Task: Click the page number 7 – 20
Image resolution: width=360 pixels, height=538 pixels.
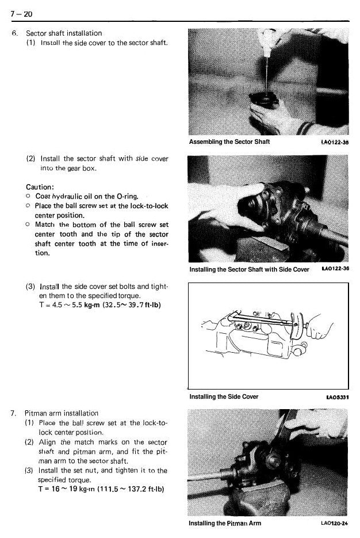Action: [x=21, y=14]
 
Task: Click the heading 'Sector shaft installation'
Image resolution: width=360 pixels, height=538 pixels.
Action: [x=64, y=33]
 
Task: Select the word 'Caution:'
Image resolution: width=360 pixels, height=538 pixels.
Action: [x=40, y=187]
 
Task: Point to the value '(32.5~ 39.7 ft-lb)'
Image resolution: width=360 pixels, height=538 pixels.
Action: [x=132, y=305]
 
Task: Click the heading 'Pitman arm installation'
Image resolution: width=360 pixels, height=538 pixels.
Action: [x=62, y=413]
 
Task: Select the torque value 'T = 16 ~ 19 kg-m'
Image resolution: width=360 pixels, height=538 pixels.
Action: [x=67, y=489]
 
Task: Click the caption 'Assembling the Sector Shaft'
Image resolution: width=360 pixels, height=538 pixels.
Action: [x=229, y=142]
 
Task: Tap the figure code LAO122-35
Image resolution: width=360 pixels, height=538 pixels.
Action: [x=335, y=142]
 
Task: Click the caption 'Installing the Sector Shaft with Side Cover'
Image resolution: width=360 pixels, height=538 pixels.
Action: [x=249, y=269]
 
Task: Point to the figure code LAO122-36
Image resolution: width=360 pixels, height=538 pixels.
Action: [x=335, y=268]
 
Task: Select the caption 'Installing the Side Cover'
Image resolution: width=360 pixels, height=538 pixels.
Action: [x=224, y=396]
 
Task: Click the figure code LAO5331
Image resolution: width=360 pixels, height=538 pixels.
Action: [x=338, y=398]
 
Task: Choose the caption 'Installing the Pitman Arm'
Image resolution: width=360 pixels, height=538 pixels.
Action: [x=225, y=523]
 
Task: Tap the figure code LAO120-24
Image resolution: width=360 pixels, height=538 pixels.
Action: [x=334, y=523]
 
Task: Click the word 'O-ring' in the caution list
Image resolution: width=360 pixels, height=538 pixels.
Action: [x=127, y=197]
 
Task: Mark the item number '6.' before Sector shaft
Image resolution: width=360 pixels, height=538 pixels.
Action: [x=14, y=33]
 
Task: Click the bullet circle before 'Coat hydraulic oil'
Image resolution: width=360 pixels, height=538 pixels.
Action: [x=28, y=196]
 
